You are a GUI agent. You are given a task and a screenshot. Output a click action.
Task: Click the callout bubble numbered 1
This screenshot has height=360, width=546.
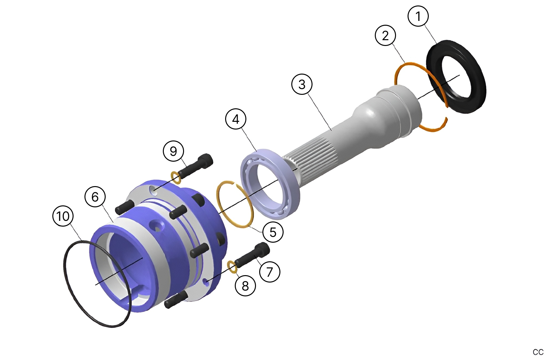tap(418, 16)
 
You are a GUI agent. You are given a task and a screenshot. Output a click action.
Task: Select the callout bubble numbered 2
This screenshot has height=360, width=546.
tap(385, 36)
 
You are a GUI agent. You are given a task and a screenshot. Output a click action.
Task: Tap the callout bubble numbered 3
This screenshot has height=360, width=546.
tap(302, 84)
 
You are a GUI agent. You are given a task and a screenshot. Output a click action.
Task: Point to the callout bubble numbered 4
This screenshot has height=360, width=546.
tap(236, 119)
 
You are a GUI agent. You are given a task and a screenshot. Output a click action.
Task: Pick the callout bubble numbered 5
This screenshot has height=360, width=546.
tap(273, 232)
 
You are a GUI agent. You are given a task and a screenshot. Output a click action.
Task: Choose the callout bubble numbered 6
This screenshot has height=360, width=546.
tap(95, 197)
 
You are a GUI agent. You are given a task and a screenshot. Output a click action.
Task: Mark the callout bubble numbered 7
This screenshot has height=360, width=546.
tap(269, 272)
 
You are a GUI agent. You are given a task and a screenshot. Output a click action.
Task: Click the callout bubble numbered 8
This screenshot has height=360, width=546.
tap(245, 286)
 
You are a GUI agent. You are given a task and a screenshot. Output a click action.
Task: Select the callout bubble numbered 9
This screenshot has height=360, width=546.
tap(173, 151)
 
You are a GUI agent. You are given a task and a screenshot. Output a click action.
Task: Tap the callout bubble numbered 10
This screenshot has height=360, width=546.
tap(63, 216)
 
